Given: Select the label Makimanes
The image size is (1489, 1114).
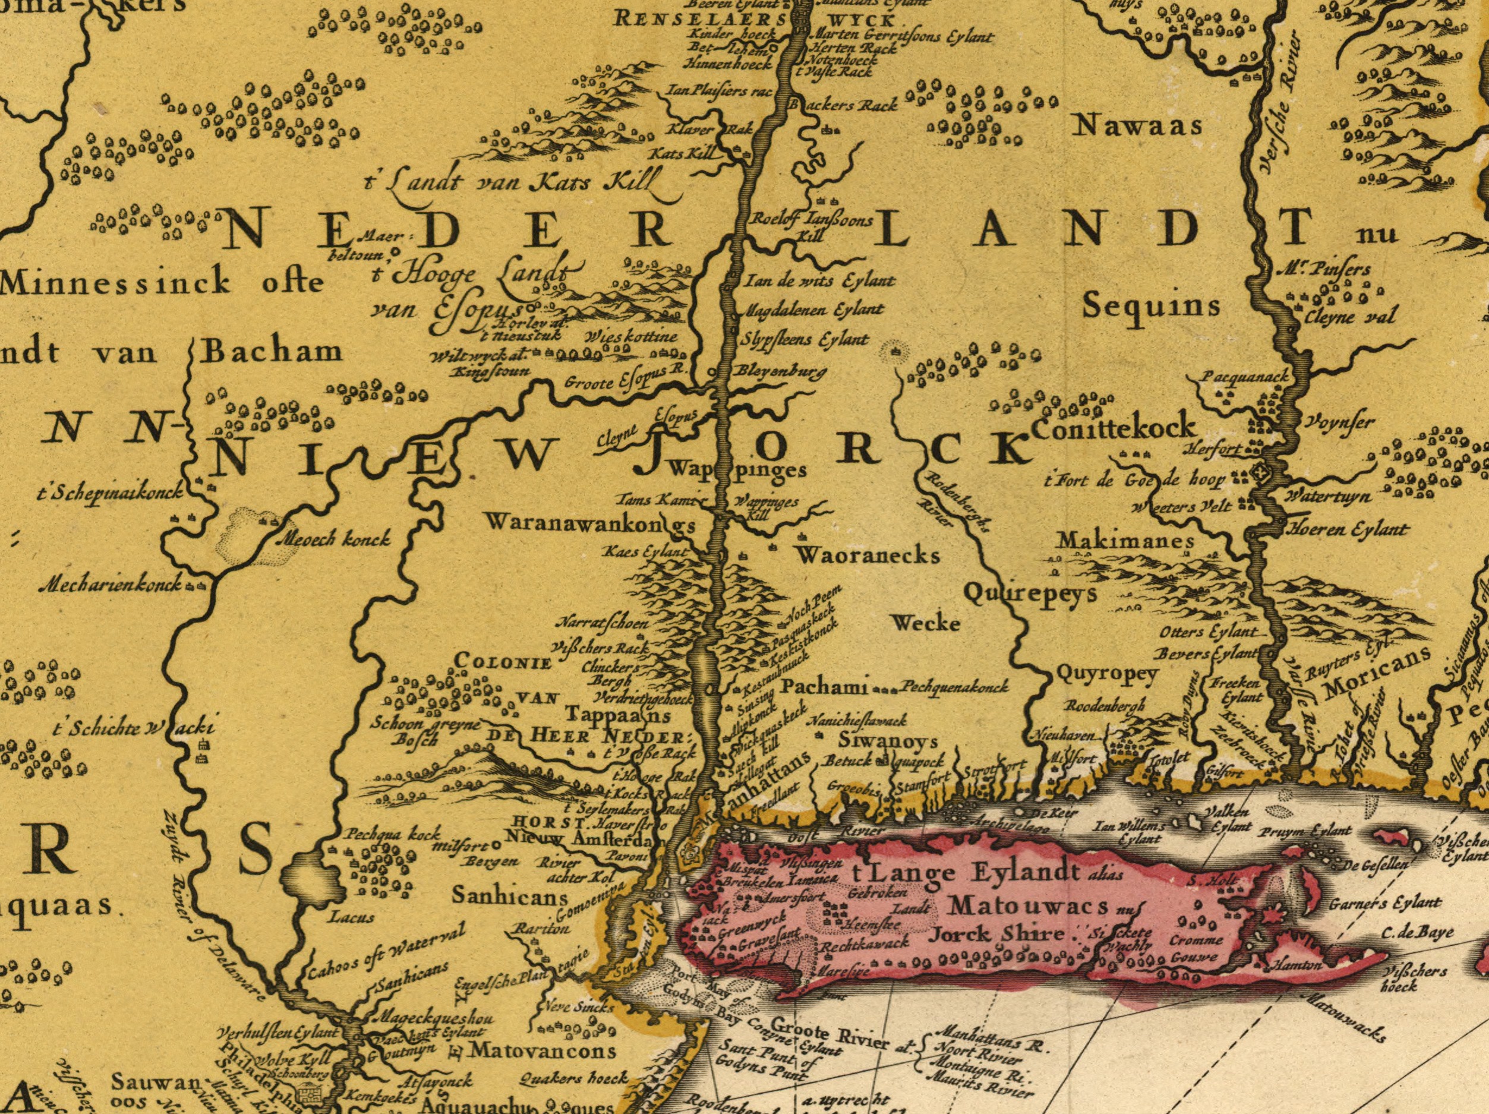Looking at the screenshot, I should click(x=1126, y=541).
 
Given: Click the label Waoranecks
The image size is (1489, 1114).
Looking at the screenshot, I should click(x=867, y=556).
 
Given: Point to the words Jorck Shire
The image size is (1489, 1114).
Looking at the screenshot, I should click(x=996, y=935).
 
